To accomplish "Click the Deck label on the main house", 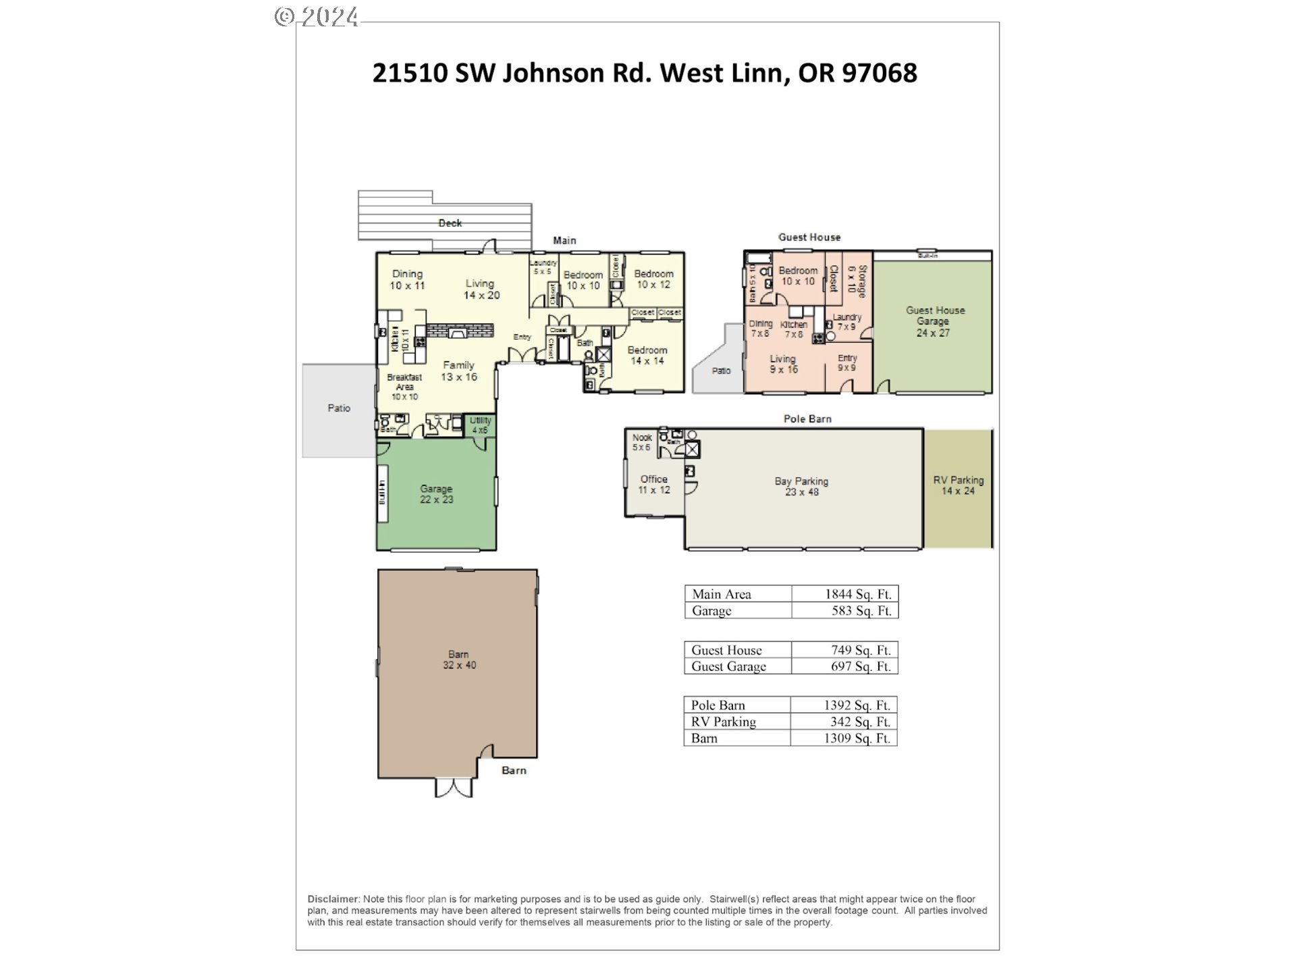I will click(450, 223).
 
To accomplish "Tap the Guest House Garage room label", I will click(934, 321).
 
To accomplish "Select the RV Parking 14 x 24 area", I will click(958, 485).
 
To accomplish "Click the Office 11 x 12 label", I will click(653, 484).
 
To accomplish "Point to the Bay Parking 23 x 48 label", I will click(801, 486).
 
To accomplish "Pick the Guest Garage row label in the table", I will click(728, 666).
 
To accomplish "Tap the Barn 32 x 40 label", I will click(459, 659).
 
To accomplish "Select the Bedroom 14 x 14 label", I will click(647, 355).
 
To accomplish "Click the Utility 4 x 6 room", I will click(481, 425).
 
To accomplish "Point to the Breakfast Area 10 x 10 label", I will click(404, 387).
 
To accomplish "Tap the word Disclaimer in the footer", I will click(333, 899).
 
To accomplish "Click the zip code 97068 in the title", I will click(879, 73).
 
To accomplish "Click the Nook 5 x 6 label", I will click(641, 442).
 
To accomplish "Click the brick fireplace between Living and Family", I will click(459, 331).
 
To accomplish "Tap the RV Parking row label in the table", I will click(723, 722).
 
